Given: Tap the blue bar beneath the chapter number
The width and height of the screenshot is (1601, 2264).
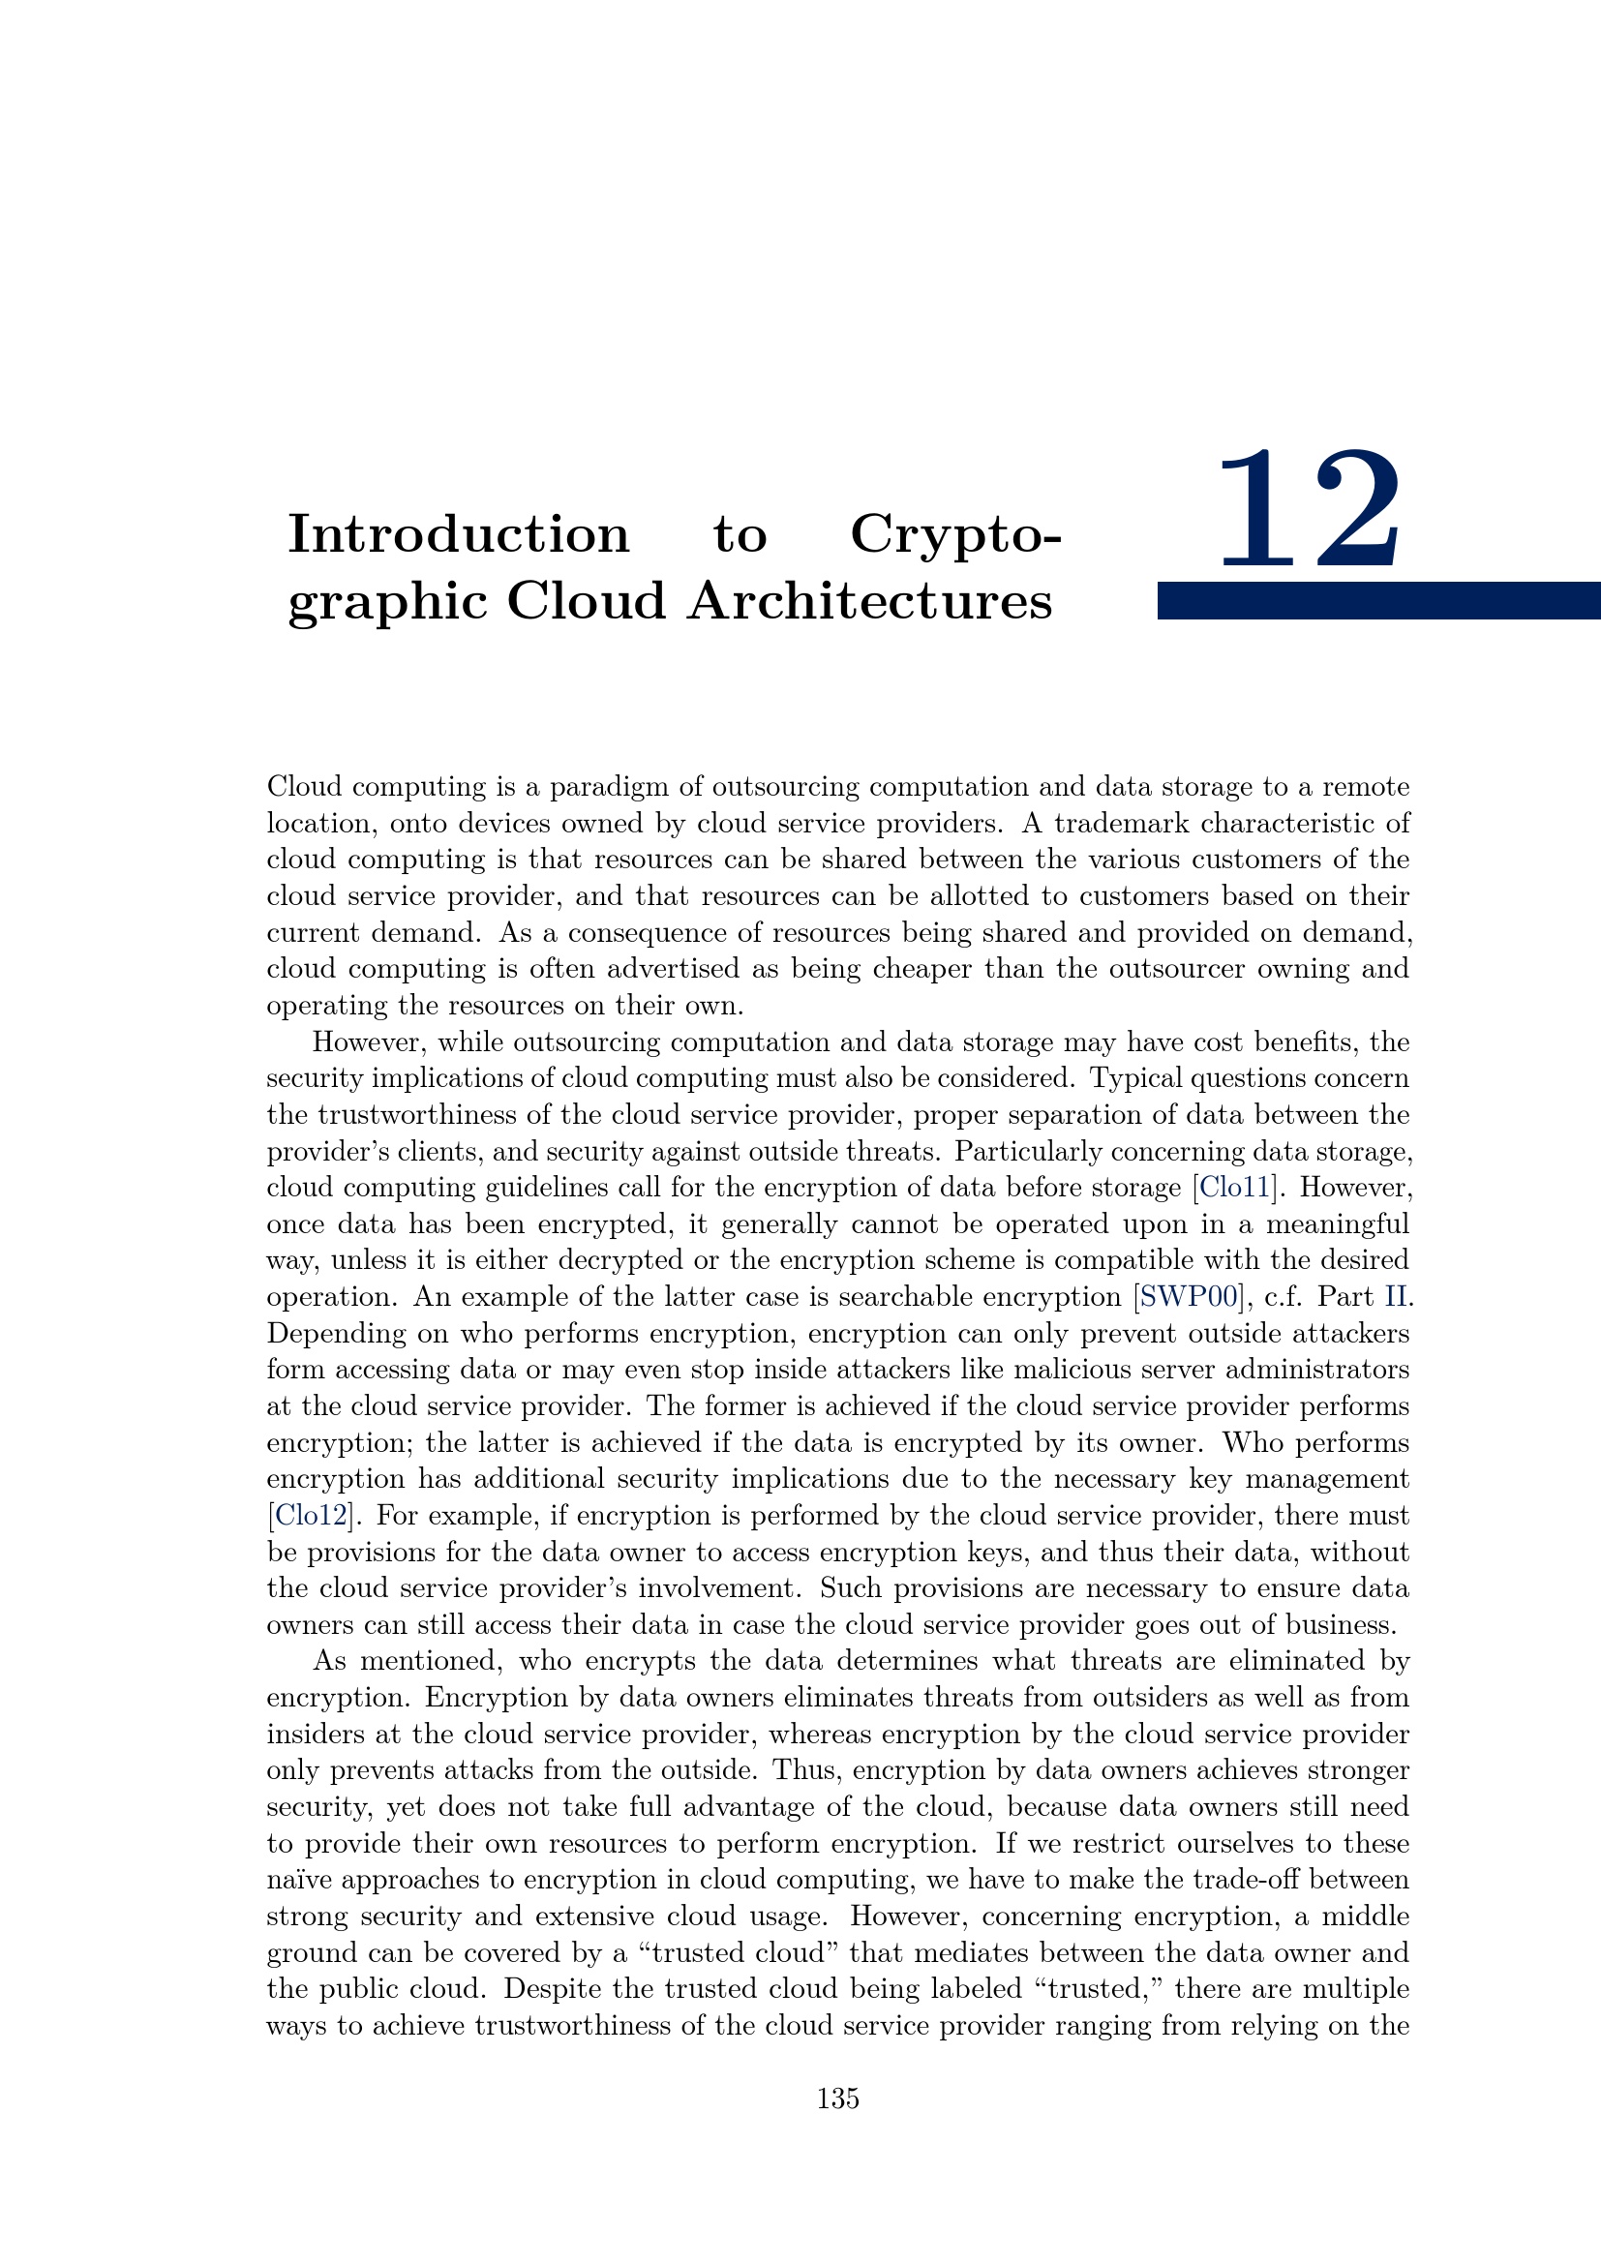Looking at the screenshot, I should click(x=1378, y=600).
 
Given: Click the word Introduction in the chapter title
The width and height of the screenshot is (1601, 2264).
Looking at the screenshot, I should click(x=459, y=535).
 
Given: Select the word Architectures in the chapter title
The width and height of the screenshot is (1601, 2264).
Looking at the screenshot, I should click(x=870, y=601).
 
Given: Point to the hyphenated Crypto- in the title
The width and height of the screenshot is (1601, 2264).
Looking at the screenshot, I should click(x=955, y=535).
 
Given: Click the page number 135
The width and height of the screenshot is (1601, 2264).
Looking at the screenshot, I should click(x=838, y=2098).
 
